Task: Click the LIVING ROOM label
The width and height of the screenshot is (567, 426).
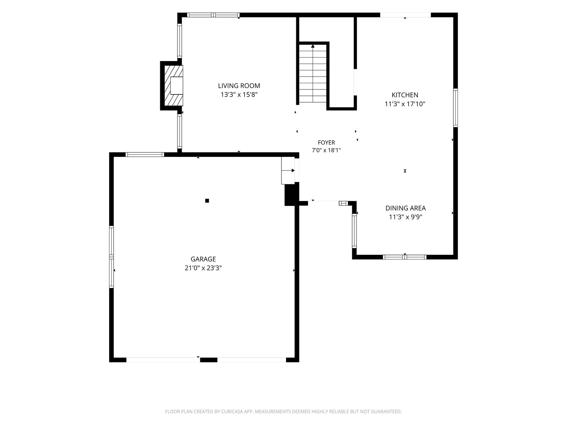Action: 239,86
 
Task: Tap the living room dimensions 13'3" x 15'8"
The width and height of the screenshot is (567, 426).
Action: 239,95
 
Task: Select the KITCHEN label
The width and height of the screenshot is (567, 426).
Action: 405,95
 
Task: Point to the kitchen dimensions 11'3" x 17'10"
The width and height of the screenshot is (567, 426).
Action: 405,104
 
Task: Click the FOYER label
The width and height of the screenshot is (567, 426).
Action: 326,142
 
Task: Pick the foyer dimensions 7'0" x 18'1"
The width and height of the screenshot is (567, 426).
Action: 326,150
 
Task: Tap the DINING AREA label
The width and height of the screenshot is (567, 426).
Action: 405,208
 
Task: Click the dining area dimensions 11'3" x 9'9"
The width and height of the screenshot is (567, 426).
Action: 405,217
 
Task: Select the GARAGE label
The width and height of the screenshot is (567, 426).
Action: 203,259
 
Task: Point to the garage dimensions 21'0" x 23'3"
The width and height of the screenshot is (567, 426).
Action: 203,268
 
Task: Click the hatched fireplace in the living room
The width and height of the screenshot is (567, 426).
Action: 174,86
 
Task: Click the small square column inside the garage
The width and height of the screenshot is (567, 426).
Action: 207,201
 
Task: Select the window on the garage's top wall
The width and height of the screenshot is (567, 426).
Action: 145,155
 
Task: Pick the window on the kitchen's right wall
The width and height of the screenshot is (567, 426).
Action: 455,108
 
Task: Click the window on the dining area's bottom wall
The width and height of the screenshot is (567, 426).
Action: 405,257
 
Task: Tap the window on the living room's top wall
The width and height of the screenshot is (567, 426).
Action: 213,15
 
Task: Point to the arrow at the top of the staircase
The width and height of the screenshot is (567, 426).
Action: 313,46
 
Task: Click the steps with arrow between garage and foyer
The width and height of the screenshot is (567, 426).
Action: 288,170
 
